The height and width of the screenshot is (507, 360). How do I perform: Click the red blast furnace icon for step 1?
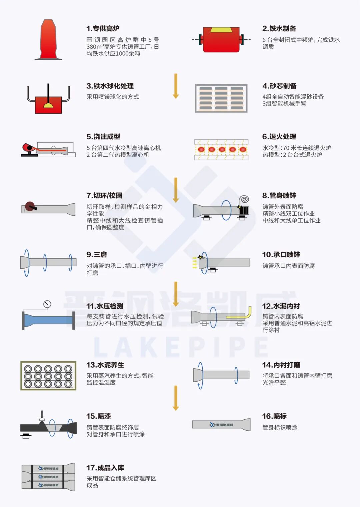pyautogui.click(x=48, y=40)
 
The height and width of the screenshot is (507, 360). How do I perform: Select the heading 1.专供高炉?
pyautogui.click(x=103, y=29)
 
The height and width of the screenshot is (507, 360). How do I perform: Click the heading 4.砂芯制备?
pyautogui.click(x=279, y=86)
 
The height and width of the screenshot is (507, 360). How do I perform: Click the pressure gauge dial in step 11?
pyautogui.click(x=47, y=304)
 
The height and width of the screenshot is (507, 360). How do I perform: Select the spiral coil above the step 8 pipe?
pyautogui.click(x=244, y=199)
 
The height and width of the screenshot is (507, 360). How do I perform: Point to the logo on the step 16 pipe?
pyautogui.click(x=221, y=425)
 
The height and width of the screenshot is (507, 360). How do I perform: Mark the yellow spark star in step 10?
pyautogui.click(x=200, y=257)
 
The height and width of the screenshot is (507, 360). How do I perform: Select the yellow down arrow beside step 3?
pyautogui.click(x=176, y=86)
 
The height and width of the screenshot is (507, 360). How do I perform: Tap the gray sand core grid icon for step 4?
pyautogui.click(x=221, y=98)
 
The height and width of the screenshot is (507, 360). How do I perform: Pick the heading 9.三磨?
pyautogui.click(x=97, y=255)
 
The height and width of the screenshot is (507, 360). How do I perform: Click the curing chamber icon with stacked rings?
pyautogui.click(x=48, y=376)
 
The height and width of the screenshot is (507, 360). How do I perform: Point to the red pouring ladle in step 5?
pyautogui.click(x=28, y=147)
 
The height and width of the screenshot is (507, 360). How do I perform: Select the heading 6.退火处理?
pyautogui.click(x=279, y=137)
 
